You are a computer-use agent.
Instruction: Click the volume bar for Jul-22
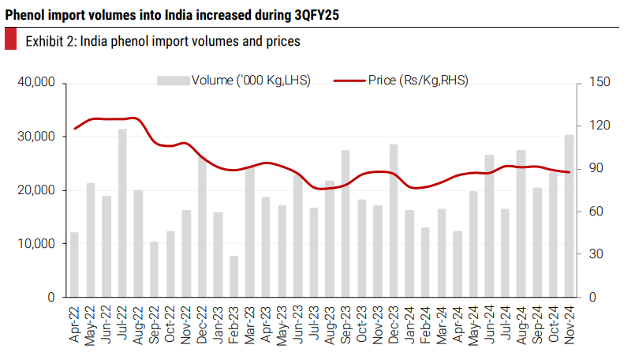pos(123,213)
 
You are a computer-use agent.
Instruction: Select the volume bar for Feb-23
pos(234,276)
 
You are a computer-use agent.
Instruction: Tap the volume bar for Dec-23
pos(394,221)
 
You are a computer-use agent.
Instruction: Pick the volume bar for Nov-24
pos(569,216)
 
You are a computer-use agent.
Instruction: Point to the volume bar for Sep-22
pos(155,269)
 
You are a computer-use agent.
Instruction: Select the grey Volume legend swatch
pos(173,80)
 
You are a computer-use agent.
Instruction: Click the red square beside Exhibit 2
pos(10,39)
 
